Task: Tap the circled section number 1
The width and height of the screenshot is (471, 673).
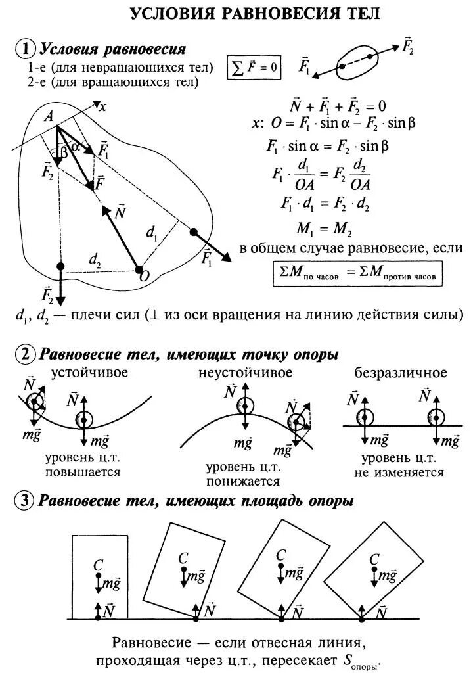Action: click(25, 49)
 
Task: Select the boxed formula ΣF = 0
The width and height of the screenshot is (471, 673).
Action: click(253, 66)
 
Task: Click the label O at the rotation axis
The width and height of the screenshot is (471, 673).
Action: click(144, 277)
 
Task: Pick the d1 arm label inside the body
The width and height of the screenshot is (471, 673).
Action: click(152, 231)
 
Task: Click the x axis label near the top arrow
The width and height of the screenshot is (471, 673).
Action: click(102, 106)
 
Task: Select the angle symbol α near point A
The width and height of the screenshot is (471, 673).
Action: click(76, 147)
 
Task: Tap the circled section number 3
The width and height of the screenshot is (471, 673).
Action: click(25, 501)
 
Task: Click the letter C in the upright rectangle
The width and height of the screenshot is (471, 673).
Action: click(98, 564)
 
